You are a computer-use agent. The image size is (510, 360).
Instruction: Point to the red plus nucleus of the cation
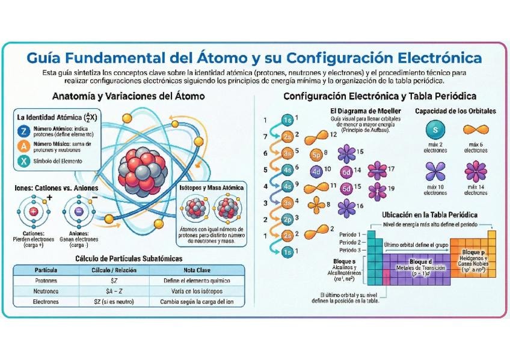(x=33, y=212)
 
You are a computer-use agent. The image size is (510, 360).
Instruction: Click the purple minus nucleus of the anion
(x=79, y=212)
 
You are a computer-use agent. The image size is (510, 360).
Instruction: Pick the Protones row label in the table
(x=46, y=281)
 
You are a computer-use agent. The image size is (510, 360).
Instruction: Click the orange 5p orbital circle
(x=318, y=154)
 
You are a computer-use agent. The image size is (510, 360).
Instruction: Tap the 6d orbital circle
(x=346, y=172)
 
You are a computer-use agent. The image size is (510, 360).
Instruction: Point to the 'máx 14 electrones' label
(x=476, y=191)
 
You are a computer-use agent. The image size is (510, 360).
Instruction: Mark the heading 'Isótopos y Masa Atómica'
(x=212, y=188)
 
